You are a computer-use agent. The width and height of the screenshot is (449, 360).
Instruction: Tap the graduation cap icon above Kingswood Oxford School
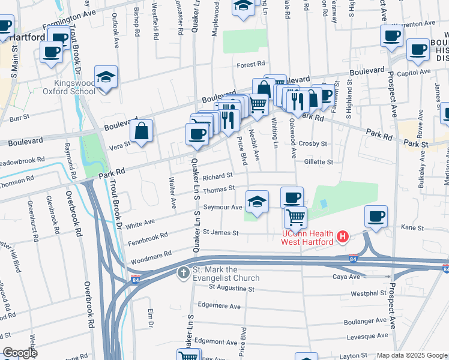(106, 77)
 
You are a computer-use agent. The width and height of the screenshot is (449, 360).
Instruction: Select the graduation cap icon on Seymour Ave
(257, 202)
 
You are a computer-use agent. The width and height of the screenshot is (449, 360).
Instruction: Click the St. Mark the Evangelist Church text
(225, 274)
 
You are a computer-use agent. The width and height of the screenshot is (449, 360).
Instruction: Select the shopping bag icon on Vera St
(140, 131)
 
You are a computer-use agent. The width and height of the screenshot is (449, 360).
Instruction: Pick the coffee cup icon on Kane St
(376, 217)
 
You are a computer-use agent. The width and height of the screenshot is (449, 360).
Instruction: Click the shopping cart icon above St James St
(295, 217)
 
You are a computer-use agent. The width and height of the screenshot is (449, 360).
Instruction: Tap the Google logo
(19, 352)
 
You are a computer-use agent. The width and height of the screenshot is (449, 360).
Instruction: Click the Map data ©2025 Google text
(411, 355)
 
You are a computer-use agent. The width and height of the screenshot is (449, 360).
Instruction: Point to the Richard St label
(217, 176)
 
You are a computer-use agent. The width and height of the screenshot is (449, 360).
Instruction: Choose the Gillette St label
(318, 162)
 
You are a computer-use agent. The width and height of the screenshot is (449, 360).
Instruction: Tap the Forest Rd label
(250, 64)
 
